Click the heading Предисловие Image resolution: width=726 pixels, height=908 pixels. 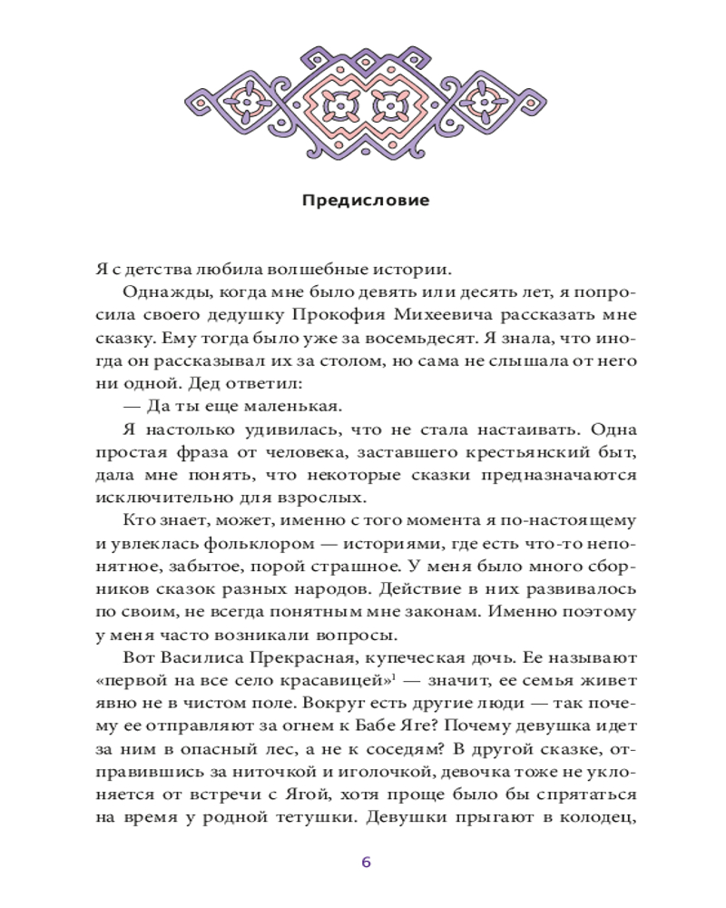(x=365, y=200)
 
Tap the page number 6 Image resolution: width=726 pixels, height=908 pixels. (x=366, y=862)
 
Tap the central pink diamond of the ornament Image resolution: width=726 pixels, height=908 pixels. (x=365, y=105)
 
